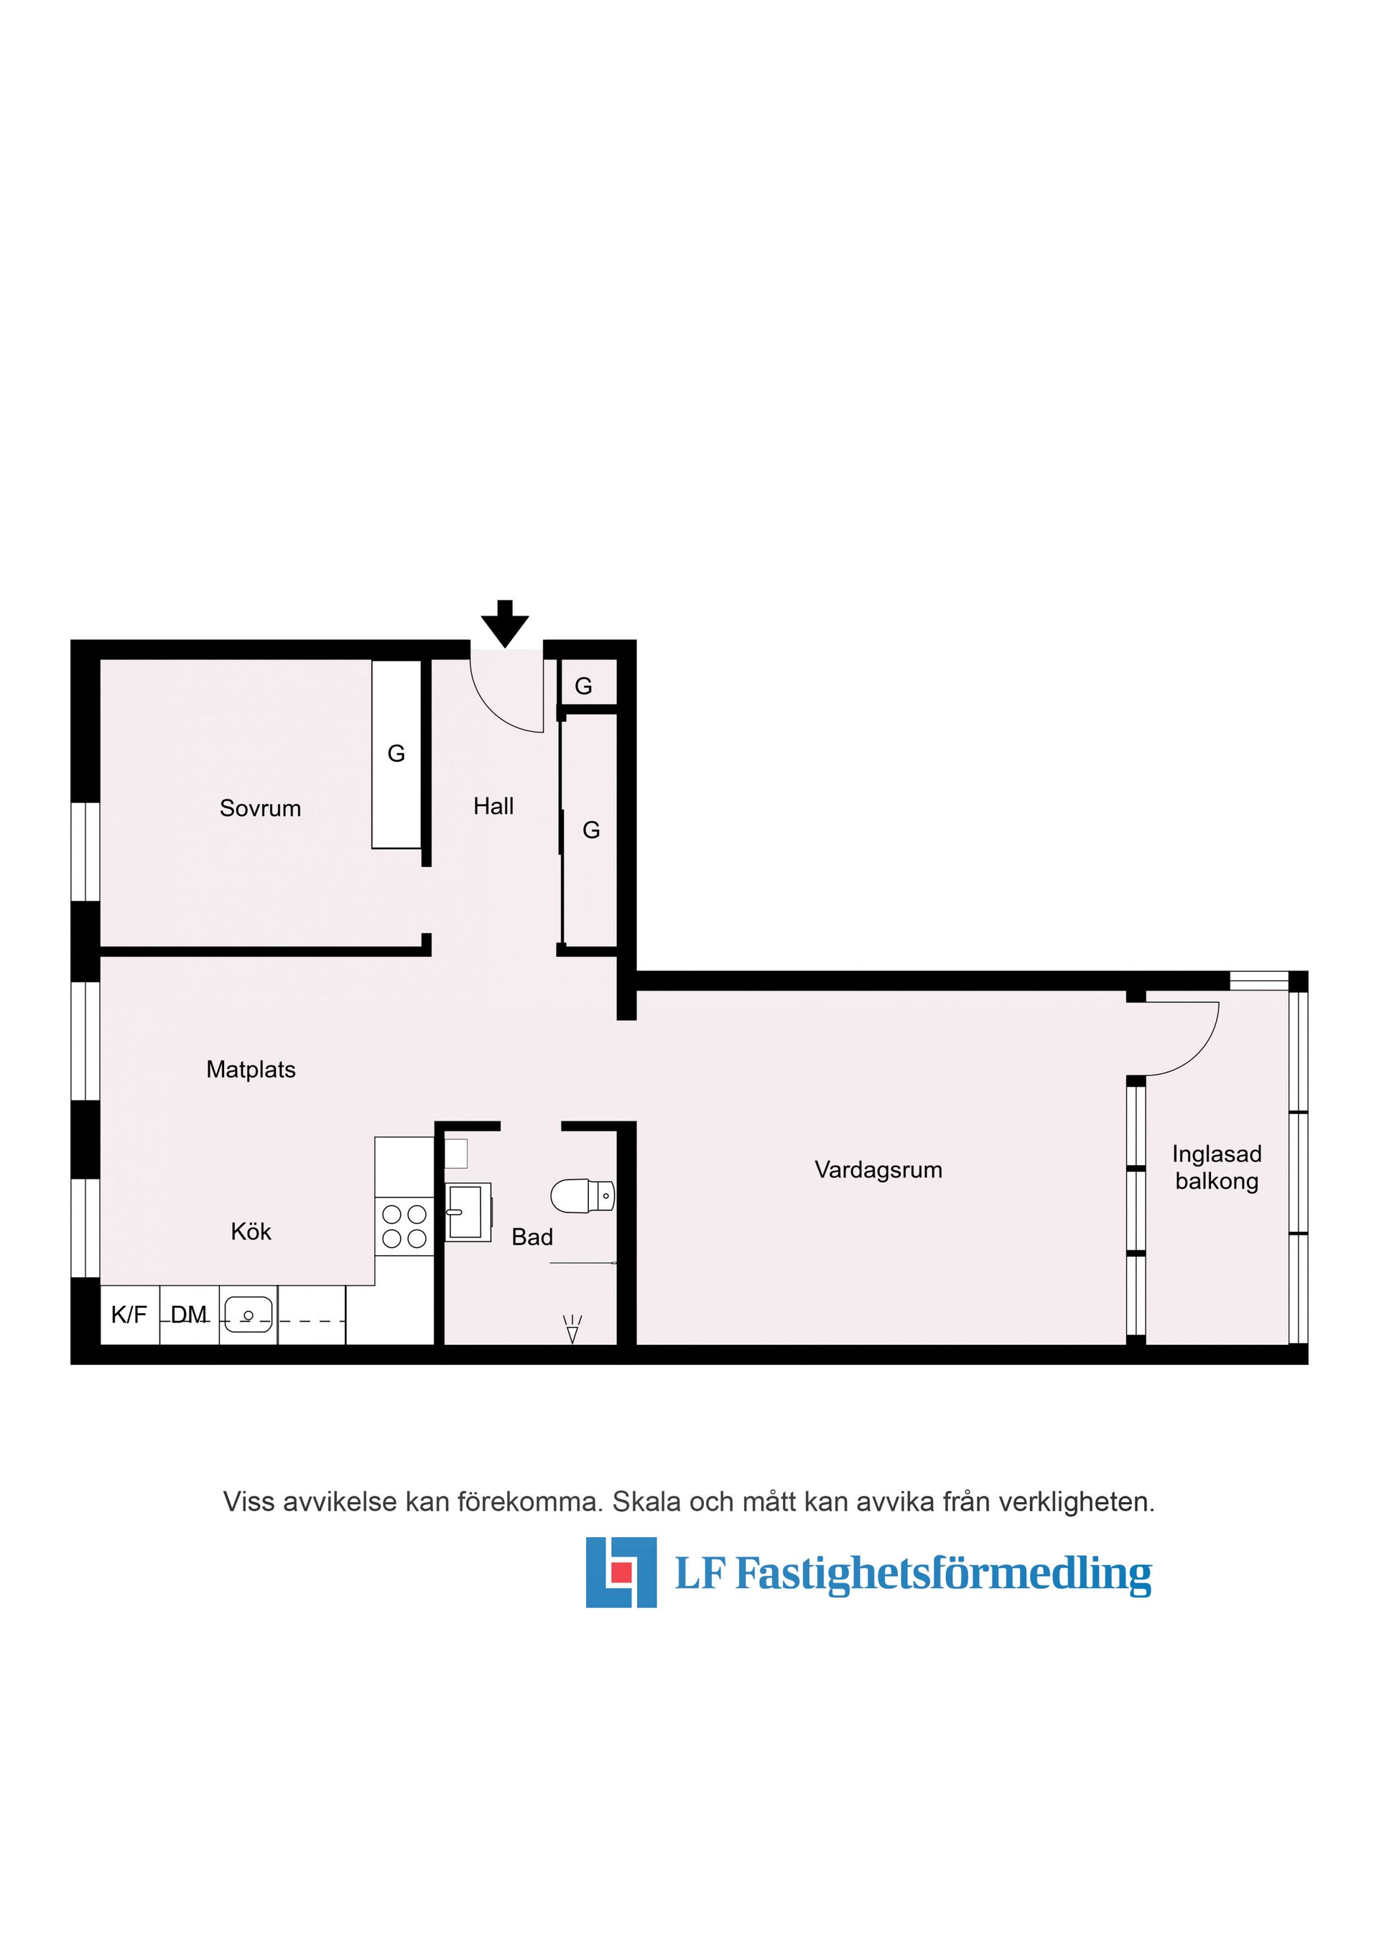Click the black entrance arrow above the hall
click(x=505, y=624)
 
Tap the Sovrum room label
click(x=260, y=808)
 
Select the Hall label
click(x=493, y=805)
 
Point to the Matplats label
click(x=251, y=1069)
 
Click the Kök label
click(x=251, y=1231)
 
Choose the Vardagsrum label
click(x=878, y=1170)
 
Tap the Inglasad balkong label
click(x=1217, y=1167)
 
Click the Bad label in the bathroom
click(x=532, y=1237)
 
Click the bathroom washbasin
click(x=468, y=1212)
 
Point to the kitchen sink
click(x=248, y=1315)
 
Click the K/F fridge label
click(x=129, y=1315)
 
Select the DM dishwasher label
click(x=189, y=1315)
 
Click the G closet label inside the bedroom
click(x=396, y=754)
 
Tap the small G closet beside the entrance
click(x=583, y=686)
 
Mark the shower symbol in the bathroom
click(x=572, y=1330)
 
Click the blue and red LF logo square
click(x=621, y=1572)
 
